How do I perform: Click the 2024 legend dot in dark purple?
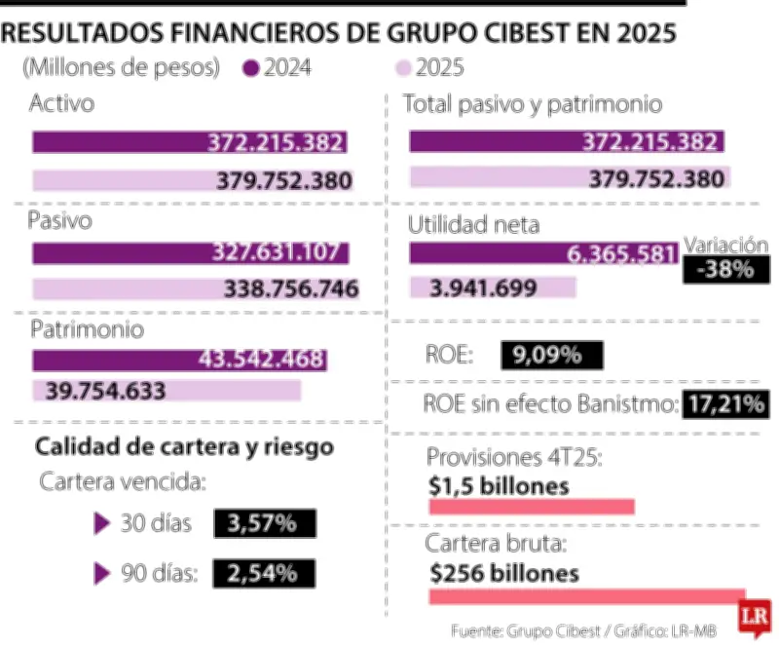tap(252, 68)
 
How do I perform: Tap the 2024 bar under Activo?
tap(189, 142)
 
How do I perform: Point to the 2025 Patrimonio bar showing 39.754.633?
tap(167, 391)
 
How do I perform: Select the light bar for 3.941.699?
tap(492, 287)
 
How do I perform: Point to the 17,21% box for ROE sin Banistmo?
tap(726, 402)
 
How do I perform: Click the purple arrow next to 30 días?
tap(101, 524)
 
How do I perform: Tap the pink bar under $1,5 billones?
tap(532, 507)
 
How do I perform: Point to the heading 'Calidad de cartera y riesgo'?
tap(185, 447)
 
